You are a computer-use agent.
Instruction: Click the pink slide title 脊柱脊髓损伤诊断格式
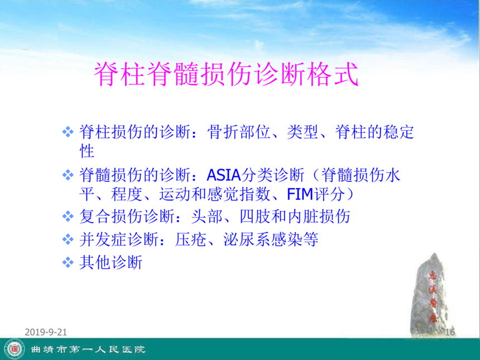(x=226, y=74)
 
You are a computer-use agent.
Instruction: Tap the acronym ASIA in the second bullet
(x=224, y=175)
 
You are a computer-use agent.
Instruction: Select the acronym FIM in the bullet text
(x=300, y=194)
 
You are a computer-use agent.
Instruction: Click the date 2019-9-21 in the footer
(x=46, y=332)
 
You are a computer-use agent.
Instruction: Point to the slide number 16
(x=450, y=332)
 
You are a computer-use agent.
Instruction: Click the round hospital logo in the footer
(x=15, y=349)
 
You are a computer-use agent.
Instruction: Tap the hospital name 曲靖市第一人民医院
(x=88, y=349)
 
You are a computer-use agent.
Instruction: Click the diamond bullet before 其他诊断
(x=68, y=262)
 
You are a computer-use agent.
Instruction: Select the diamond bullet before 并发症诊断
(x=68, y=239)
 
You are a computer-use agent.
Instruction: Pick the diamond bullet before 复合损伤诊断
(x=68, y=217)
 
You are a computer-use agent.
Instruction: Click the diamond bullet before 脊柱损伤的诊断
(x=68, y=132)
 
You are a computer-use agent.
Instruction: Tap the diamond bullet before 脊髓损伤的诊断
(x=68, y=175)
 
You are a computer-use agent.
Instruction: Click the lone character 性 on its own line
(x=87, y=151)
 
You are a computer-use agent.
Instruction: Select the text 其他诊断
(x=111, y=262)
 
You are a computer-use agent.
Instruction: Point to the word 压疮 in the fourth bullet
(x=190, y=239)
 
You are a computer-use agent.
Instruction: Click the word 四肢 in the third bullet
(x=255, y=217)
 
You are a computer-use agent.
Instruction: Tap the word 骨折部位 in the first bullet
(x=238, y=132)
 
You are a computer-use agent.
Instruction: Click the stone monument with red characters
(x=431, y=294)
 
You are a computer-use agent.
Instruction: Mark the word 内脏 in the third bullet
(x=303, y=217)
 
